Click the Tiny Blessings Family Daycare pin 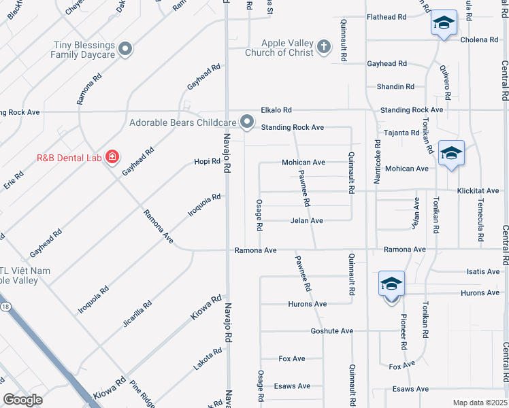(125, 48)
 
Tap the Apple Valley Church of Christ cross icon (324, 47)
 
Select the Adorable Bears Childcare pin (248, 123)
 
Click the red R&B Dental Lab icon (112, 158)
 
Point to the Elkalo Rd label (276, 109)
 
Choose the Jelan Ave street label (306, 220)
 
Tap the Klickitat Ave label (478, 191)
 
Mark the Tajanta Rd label (401, 133)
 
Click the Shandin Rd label (395, 86)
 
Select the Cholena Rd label (479, 40)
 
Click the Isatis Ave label (483, 271)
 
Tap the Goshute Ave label (331, 330)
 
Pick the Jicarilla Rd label (137, 313)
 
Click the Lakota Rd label (208, 359)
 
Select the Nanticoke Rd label (378, 163)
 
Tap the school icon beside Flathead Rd (443, 24)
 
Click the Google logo (22, 400)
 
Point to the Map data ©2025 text (479, 403)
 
